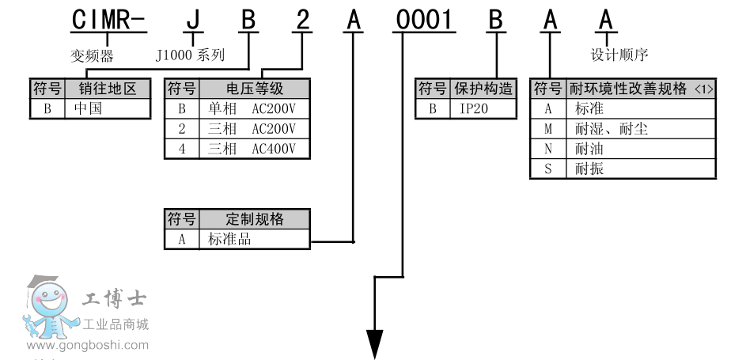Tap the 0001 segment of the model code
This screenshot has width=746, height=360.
point(425,20)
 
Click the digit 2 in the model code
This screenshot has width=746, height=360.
point(301,20)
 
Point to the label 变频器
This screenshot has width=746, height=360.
point(88,55)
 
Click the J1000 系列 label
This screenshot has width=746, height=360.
point(190,55)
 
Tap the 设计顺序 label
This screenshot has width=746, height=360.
point(619,55)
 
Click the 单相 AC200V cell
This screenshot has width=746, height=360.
point(252,108)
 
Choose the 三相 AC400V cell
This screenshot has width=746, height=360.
point(252,148)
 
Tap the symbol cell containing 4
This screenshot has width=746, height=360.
point(182,148)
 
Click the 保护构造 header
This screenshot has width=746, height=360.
point(485,89)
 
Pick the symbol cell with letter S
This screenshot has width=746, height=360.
point(547,168)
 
